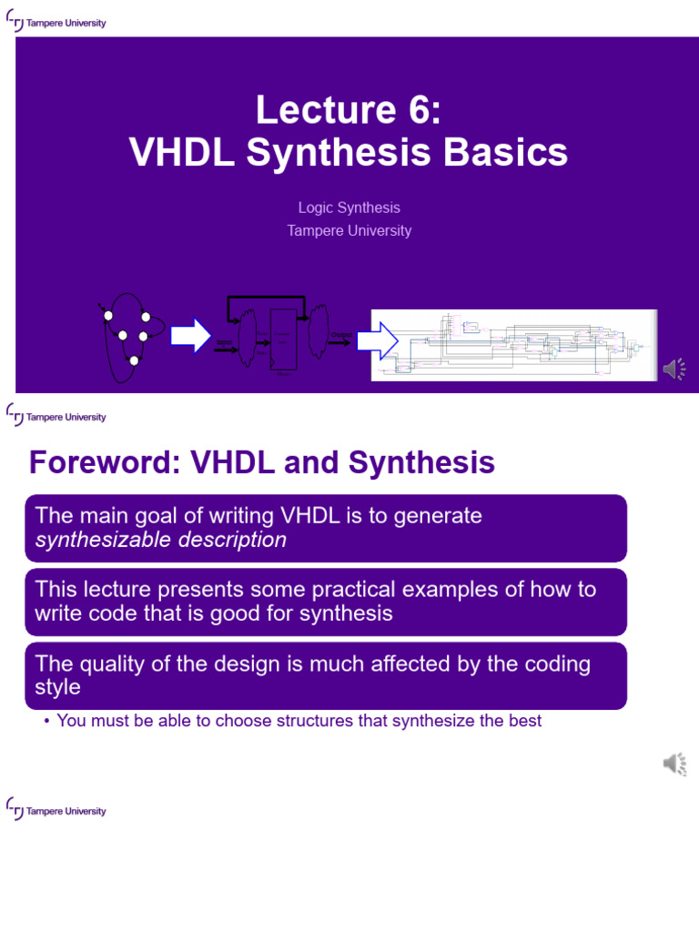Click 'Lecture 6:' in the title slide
click(349, 110)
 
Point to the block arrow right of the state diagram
click(190, 335)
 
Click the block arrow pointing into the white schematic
click(376, 341)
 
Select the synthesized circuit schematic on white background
click(513, 345)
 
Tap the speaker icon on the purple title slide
click(674, 369)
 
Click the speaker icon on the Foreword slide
click(674, 764)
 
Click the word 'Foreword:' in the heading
click(106, 463)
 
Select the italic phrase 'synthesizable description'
click(160, 540)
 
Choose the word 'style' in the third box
click(57, 687)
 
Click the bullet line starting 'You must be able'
click(299, 721)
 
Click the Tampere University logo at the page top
click(56, 22)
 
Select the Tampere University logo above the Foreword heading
click(56, 416)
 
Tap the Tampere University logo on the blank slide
click(56, 809)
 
